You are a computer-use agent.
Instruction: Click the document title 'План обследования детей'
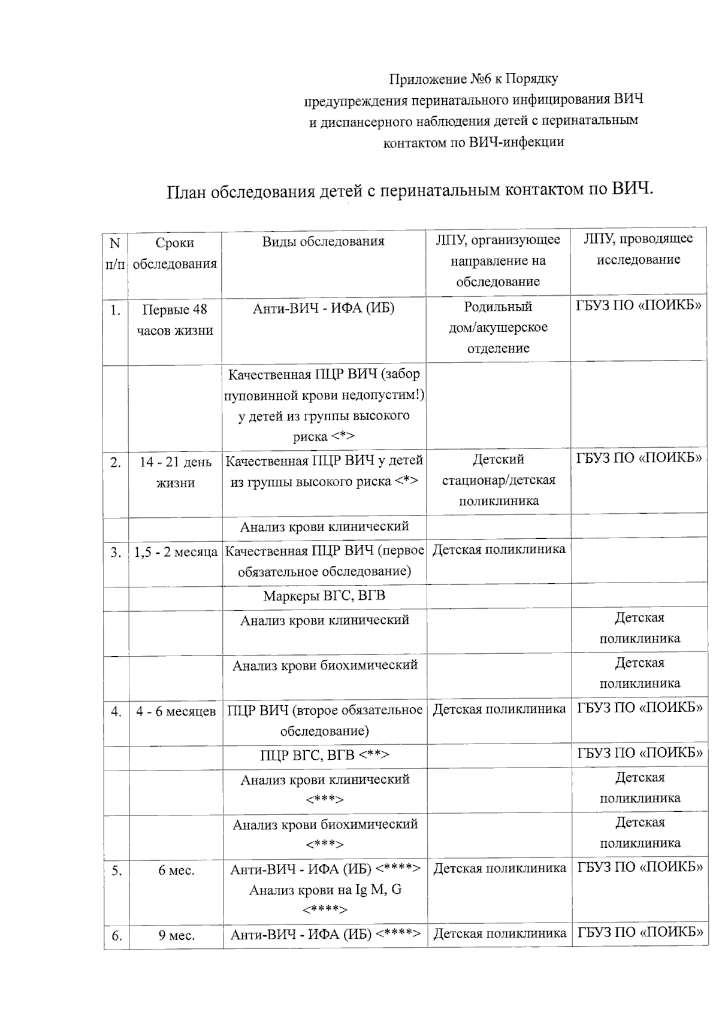(x=409, y=190)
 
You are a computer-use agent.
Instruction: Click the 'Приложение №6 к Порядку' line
(x=473, y=79)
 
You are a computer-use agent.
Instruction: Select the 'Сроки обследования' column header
(x=174, y=253)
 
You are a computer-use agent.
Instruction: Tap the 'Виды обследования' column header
(x=323, y=242)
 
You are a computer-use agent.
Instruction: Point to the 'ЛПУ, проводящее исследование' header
(x=638, y=249)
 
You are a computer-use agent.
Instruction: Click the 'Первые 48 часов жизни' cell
(x=174, y=320)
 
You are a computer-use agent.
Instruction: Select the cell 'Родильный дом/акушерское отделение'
(x=498, y=327)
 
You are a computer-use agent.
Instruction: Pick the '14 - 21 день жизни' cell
(x=175, y=472)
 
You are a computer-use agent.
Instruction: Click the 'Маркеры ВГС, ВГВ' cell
(x=324, y=596)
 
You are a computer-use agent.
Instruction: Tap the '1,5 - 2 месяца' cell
(x=176, y=552)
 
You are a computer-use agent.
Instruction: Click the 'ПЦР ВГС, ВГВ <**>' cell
(x=324, y=756)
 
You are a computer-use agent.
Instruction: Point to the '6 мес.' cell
(x=176, y=871)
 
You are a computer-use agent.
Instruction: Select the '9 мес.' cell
(x=177, y=936)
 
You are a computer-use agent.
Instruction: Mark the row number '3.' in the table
(x=116, y=553)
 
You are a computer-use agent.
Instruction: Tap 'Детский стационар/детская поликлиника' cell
(x=499, y=480)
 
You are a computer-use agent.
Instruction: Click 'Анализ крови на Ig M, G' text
(x=325, y=890)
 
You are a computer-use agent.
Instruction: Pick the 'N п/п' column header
(x=115, y=253)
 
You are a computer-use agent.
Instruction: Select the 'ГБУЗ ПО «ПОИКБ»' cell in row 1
(x=639, y=305)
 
